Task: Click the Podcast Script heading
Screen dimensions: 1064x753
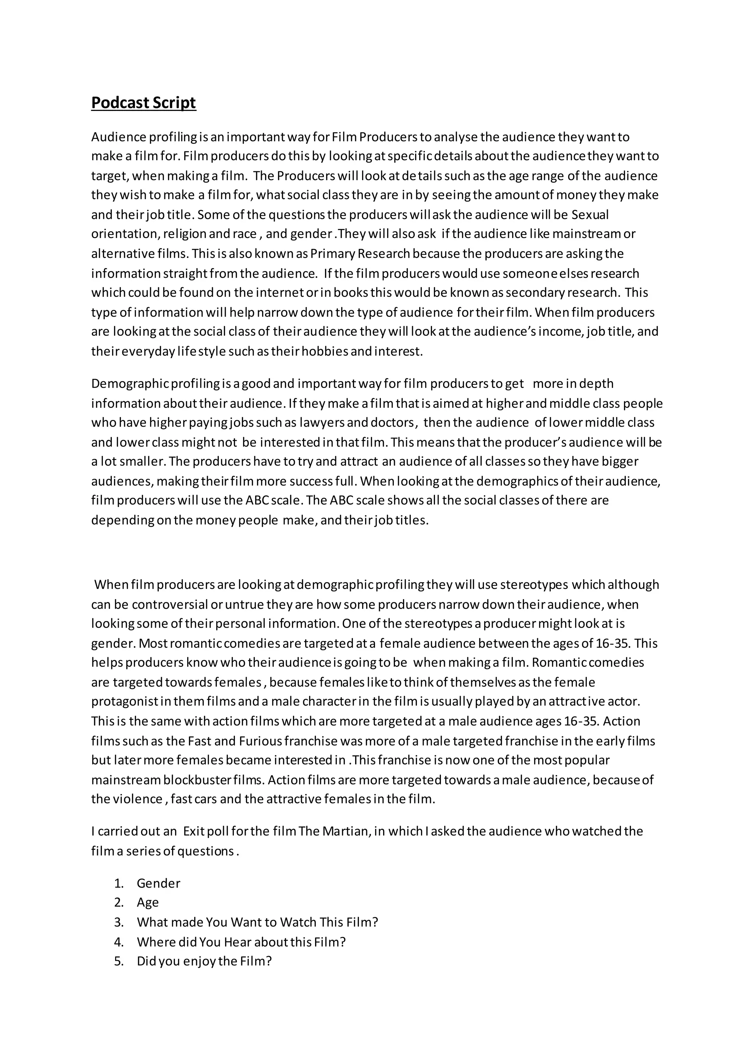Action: click(x=143, y=103)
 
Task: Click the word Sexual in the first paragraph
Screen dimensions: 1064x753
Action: click(x=590, y=215)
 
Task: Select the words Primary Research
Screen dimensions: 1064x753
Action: click(x=360, y=254)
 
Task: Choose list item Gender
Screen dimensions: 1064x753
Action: click(x=158, y=883)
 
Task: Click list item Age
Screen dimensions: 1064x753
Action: click(x=147, y=902)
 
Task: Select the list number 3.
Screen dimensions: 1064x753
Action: click(x=119, y=922)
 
